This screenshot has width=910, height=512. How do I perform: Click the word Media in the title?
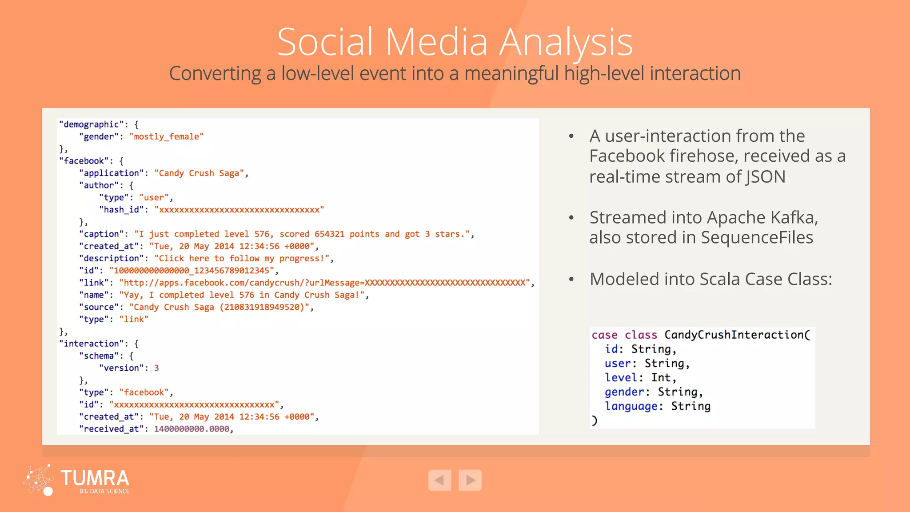tap(436, 42)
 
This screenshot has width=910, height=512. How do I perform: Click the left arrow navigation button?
tap(439, 480)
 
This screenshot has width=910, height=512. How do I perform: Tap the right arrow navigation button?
tap(470, 480)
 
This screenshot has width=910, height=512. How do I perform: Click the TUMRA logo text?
tap(95, 478)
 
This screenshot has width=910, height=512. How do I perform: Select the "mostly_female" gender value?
tap(166, 136)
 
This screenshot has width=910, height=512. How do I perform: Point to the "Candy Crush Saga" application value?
tap(199, 173)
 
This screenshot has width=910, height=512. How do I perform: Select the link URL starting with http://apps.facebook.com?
tap(324, 283)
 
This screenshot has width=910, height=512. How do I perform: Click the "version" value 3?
tap(156, 368)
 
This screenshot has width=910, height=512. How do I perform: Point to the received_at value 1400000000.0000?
tap(192, 429)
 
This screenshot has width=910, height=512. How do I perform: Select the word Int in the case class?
tap(661, 377)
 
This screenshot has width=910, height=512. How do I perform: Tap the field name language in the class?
tap(631, 406)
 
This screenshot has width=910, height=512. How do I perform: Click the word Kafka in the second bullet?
tap(793, 217)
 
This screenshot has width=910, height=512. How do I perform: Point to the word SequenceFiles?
tap(757, 237)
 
